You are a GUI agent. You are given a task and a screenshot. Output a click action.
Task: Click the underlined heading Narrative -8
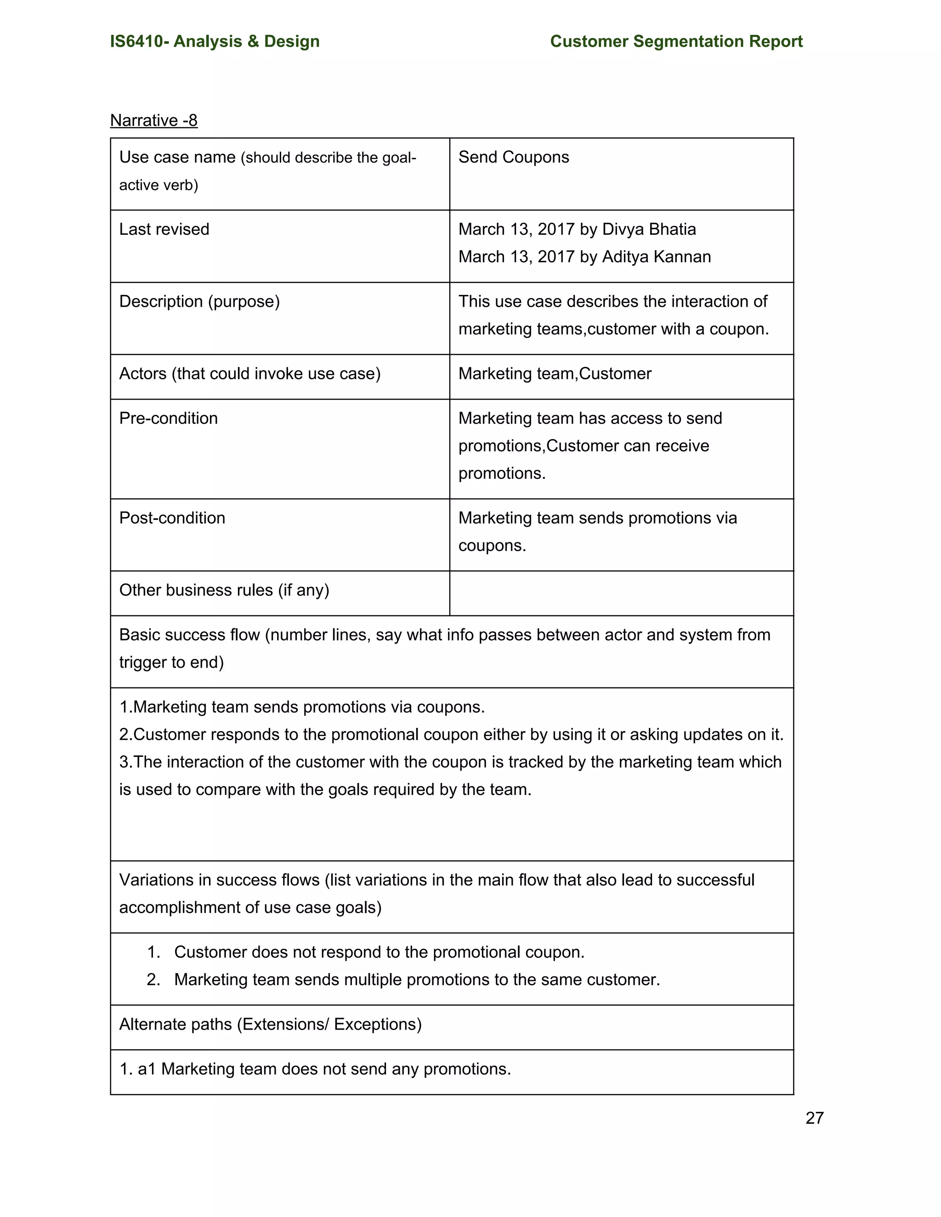click(154, 120)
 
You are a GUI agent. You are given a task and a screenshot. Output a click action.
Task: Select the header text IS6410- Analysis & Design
click(215, 41)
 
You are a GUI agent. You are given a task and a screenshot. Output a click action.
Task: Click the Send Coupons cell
click(513, 157)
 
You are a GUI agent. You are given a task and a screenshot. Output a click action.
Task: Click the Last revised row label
click(164, 229)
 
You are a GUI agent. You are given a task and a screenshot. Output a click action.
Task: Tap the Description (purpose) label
click(199, 301)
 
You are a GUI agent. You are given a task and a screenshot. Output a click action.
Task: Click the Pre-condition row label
click(168, 418)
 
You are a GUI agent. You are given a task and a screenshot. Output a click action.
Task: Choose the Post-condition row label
click(172, 518)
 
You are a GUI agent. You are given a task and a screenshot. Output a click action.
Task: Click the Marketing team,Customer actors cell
click(555, 374)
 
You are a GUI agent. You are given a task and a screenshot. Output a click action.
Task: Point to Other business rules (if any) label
click(224, 590)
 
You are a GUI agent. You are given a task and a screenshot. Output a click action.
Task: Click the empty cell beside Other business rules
click(621, 593)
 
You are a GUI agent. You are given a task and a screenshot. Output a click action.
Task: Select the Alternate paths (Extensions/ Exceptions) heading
click(270, 1024)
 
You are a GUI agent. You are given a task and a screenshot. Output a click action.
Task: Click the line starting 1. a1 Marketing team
click(315, 1069)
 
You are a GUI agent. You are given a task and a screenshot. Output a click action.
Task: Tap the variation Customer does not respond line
click(379, 952)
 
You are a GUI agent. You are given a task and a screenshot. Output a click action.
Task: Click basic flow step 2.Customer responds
click(451, 734)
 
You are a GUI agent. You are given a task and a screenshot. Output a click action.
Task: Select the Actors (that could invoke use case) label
click(250, 374)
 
